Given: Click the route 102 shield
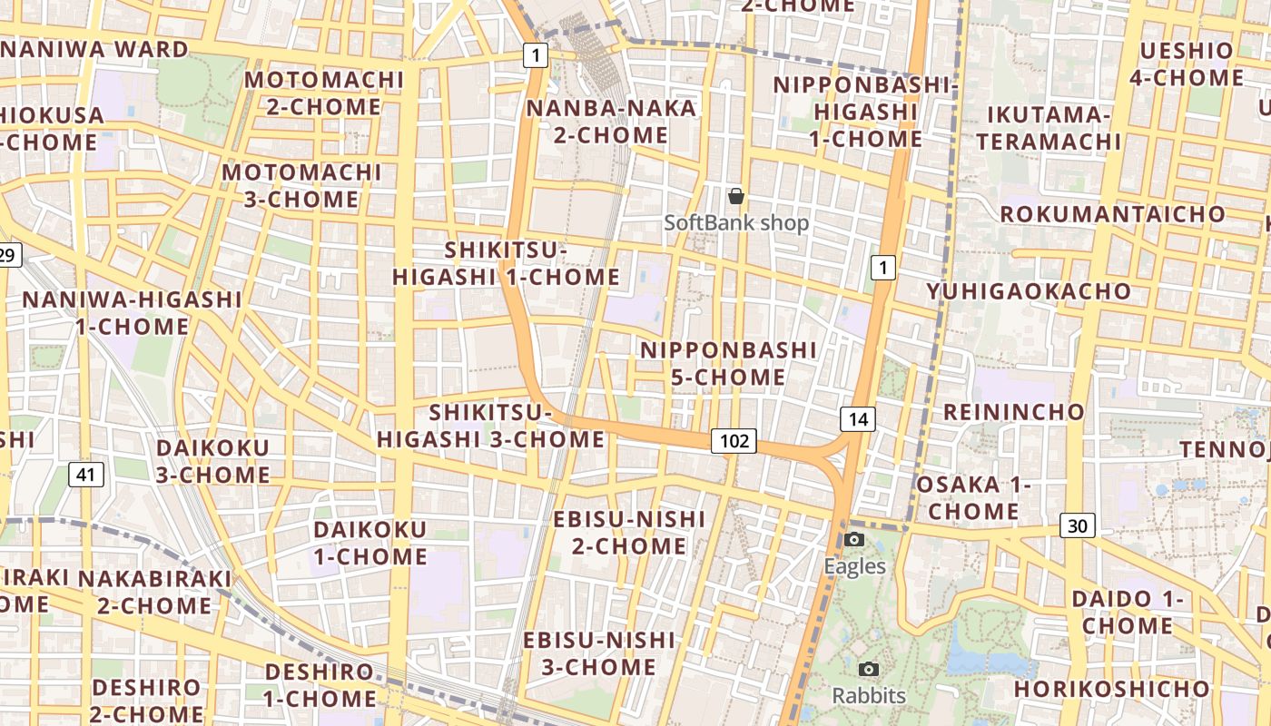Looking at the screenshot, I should coord(734,441).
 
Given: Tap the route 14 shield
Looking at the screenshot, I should coord(857,418).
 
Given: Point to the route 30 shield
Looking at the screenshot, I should coord(1077,525).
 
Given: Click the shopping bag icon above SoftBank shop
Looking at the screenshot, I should coord(736,195).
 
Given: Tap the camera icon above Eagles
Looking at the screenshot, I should coord(854,540).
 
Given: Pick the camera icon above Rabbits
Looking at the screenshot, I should coord(869,670).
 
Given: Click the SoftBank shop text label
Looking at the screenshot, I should coord(736,222).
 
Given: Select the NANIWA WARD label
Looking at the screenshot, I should coord(94,49).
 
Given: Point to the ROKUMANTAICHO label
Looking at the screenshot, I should coord(1112,214).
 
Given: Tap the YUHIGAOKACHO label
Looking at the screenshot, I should coord(1029,291).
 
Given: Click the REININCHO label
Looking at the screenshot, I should coord(1014,412).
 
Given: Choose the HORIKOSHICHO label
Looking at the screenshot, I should coord(1111,689).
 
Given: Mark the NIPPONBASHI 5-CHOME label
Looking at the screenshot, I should coord(729,363).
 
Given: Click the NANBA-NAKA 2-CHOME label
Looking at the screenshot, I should coord(611,122).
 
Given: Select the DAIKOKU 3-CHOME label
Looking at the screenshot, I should coord(213,461).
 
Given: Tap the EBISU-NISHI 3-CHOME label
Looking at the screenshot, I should coord(599,653).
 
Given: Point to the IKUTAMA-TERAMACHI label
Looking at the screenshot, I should coord(1049,128).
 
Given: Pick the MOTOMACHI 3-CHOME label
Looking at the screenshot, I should coord(301,185).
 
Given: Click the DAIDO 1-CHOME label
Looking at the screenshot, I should coord(1127,612).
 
